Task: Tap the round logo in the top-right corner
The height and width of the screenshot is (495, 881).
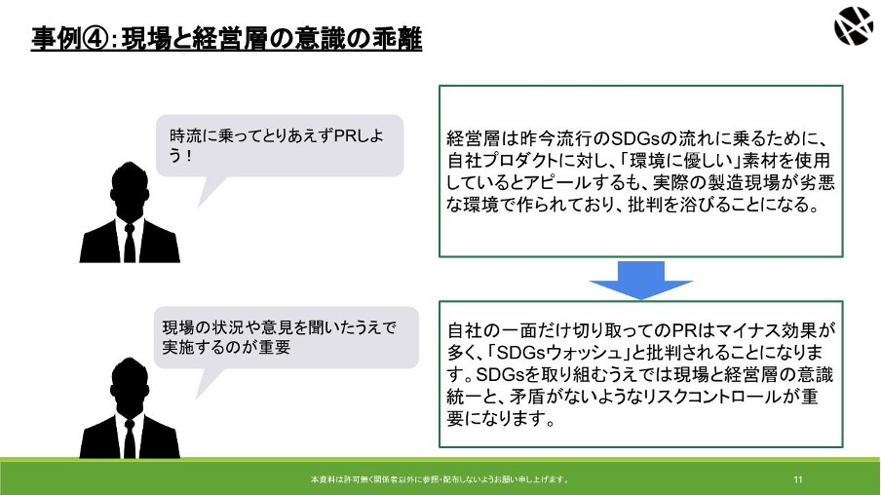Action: coord(853,26)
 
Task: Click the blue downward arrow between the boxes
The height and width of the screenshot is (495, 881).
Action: coord(640,280)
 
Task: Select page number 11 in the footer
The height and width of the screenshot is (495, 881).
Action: coord(798,479)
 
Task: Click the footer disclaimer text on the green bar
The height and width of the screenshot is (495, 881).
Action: coord(440,479)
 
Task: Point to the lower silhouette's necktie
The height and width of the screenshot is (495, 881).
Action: coord(130,438)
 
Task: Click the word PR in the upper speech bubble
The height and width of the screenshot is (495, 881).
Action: coord(344,135)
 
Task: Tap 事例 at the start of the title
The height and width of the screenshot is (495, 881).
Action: coord(56,39)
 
